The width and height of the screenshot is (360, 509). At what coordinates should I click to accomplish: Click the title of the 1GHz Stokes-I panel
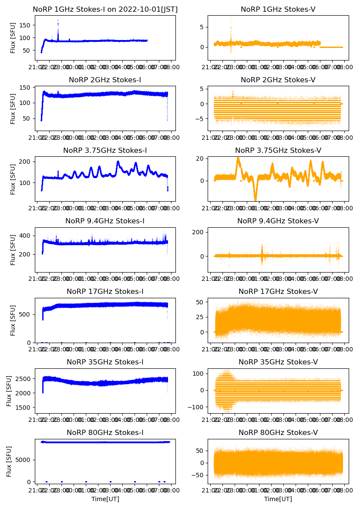coord(105,9)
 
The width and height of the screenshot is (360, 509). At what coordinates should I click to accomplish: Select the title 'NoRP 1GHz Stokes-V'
coord(278,9)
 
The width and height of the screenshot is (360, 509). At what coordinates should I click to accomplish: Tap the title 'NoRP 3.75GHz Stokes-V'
coord(278,150)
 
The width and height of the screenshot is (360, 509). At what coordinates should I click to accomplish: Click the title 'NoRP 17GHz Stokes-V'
coord(278,291)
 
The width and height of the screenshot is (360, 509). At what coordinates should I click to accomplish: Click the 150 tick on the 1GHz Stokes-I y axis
coord(25,25)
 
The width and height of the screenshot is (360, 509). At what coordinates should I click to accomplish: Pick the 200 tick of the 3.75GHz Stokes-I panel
coord(25,162)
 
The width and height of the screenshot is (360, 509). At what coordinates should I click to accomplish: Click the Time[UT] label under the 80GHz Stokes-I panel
coord(105,499)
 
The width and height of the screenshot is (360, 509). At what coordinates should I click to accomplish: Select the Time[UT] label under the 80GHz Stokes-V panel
coord(278,499)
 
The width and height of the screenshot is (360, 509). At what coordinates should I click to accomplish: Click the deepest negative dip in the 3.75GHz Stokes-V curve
coord(256,200)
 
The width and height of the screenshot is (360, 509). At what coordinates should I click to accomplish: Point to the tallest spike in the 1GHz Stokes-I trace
coord(58,20)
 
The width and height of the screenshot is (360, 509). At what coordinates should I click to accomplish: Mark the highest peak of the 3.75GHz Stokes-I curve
coord(118,162)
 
